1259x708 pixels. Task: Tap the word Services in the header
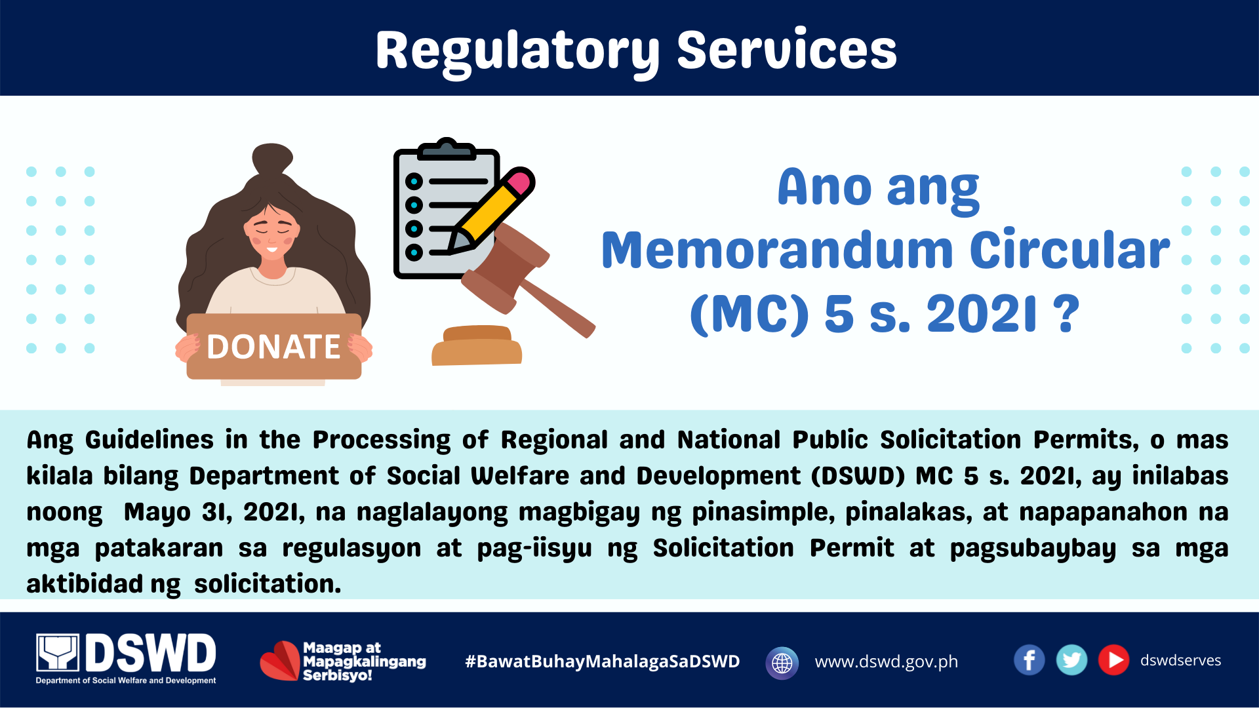pyautogui.click(x=787, y=50)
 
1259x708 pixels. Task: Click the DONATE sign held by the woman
pyautogui.click(x=274, y=346)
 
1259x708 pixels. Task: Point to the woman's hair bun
pyautogui.click(x=272, y=159)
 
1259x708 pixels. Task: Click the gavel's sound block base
pyautogui.click(x=477, y=345)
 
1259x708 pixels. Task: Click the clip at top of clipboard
pyautogui.click(x=447, y=149)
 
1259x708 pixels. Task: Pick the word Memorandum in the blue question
pyautogui.click(x=778, y=250)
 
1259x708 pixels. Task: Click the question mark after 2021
pyautogui.click(x=1066, y=313)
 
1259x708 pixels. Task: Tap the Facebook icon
pyautogui.click(x=1029, y=660)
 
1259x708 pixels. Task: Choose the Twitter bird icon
pyautogui.click(x=1071, y=660)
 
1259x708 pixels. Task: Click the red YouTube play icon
pyautogui.click(x=1113, y=660)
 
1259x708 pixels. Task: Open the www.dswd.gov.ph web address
pyautogui.click(x=887, y=662)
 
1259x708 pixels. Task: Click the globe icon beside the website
pyautogui.click(x=782, y=663)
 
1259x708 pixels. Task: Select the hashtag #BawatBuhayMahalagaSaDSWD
pyautogui.click(x=602, y=661)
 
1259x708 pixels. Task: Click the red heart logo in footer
pyautogui.click(x=280, y=661)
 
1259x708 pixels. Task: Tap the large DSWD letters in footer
pyautogui.click(x=151, y=653)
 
